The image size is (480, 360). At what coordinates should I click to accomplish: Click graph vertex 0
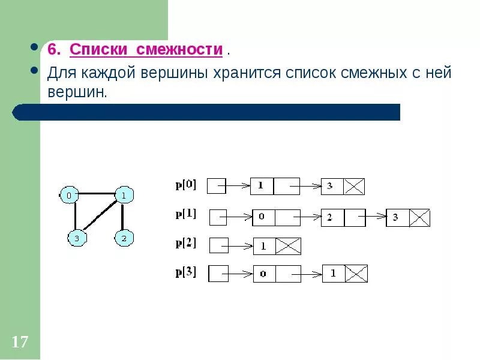click(x=69, y=195)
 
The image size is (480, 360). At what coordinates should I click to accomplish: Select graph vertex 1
click(x=123, y=195)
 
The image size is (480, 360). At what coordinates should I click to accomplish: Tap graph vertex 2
click(x=124, y=238)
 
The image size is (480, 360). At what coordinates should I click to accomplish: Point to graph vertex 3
click(x=76, y=238)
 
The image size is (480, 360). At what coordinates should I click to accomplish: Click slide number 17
click(x=20, y=343)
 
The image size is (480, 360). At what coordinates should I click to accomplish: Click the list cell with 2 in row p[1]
click(x=332, y=217)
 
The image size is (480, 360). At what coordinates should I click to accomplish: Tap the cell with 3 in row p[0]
click(x=332, y=187)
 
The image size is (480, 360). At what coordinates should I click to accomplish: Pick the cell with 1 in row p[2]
click(x=264, y=246)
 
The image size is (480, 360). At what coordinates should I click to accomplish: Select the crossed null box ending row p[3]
click(x=356, y=274)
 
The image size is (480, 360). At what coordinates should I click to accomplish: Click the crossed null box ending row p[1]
click(x=419, y=217)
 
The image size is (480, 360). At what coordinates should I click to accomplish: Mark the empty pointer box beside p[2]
click(x=219, y=245)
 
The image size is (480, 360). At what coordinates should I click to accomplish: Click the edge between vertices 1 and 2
click(x=123, y=217)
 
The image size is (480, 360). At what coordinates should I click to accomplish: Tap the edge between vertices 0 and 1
click(x=96, y=194)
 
